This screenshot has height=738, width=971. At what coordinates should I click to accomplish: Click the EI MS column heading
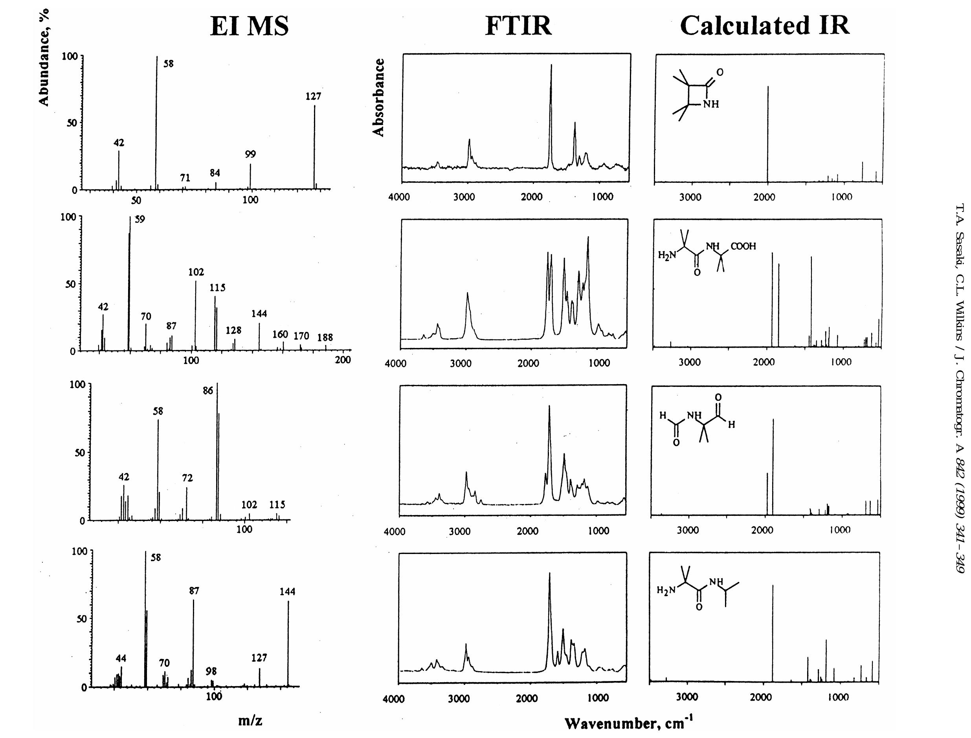click(x=250, y=26)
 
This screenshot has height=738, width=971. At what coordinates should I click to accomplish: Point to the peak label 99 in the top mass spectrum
click(x=250, y=154)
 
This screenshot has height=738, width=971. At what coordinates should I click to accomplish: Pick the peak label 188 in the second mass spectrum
click(x=325, y=337)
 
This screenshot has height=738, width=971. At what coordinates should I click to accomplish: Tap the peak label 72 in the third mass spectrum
click(x=187, y=478)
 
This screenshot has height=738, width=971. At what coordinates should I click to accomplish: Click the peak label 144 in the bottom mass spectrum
click(x=288, y=592)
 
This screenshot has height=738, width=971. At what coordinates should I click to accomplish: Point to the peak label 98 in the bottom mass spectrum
click(x=211, y=671)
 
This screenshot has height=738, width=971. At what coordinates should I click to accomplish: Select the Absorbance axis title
click(x=378, y=98)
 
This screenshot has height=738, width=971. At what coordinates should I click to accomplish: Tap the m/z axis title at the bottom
click(x=250, y=720)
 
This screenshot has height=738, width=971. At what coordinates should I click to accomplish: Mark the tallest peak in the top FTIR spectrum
click(x=551, y=66)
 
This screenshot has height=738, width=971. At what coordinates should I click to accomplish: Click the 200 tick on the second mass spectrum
click(x=342, y=360)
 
